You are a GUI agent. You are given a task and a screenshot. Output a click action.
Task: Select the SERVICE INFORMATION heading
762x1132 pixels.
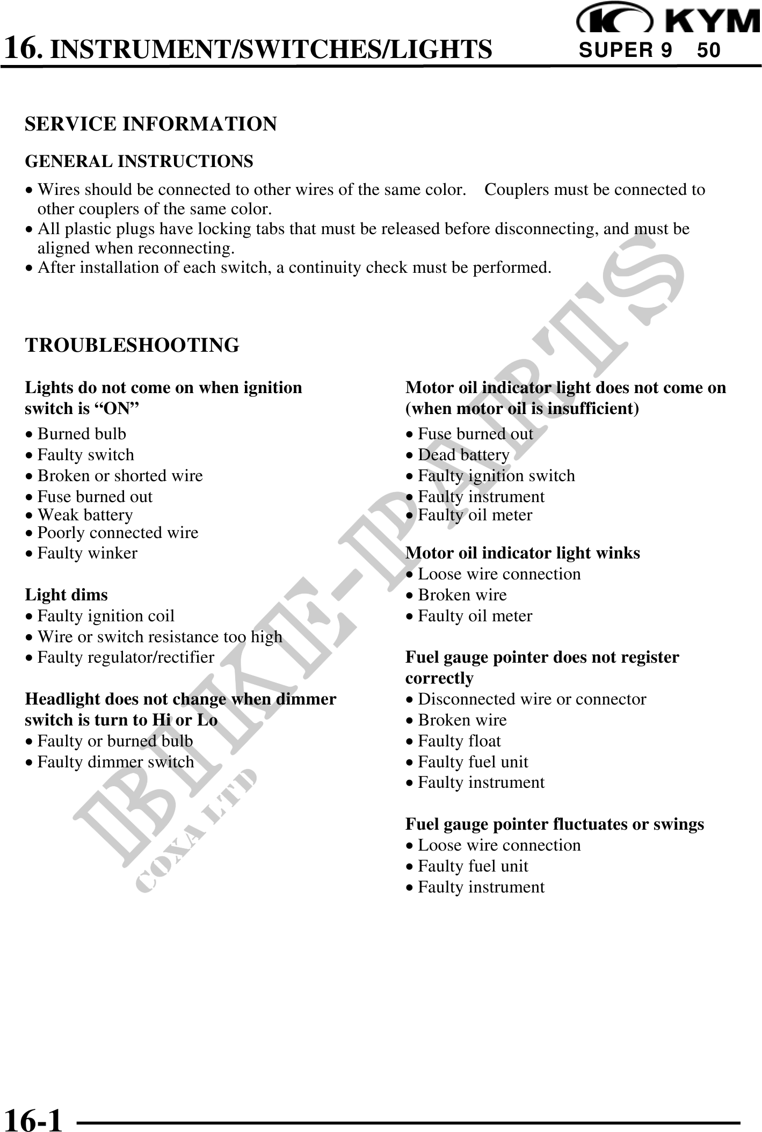(x=151, y=124)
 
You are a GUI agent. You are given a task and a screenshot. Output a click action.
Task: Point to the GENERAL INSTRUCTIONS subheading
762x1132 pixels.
(x=139, y=161)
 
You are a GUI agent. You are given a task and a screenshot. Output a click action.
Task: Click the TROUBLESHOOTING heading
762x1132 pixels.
(x=132, y=345)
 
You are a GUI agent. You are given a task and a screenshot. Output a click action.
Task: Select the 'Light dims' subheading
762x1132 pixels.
(x=66, y=595)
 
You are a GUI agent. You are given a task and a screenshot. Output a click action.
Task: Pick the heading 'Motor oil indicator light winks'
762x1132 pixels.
(x=522, y=553)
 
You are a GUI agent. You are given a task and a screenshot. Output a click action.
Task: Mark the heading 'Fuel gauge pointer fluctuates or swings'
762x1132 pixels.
(x=555, y=824)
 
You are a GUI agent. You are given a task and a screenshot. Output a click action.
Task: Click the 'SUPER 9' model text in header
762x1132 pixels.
(x=625, y=50)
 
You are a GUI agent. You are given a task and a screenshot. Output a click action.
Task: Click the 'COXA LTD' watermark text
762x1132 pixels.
(x=196, y=830)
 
